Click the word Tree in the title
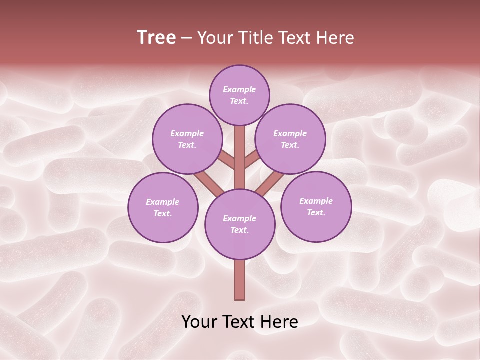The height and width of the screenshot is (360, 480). coord(156,38)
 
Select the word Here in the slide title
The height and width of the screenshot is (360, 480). coord(336,38)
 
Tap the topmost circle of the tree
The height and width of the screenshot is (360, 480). coord(239,95)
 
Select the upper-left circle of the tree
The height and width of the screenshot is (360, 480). coord(187,139)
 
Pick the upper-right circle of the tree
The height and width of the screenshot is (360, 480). coord(290,139)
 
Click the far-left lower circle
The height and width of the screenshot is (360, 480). coord(163,207)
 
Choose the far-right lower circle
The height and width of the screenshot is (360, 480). coord(316,206)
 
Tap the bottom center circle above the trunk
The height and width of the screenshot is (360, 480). coord(240,224)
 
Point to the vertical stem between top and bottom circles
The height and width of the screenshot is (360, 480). coord(240,157)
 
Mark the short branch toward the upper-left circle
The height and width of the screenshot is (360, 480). coord(227,160)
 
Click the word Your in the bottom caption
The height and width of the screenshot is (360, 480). coord(199,321)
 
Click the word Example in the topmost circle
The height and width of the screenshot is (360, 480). coord(239,89)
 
